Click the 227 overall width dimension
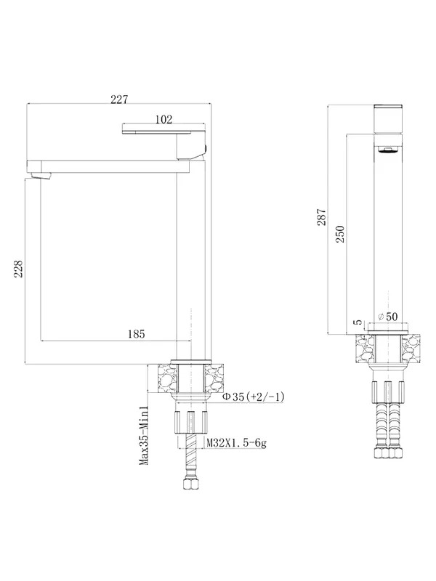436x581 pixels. [119, 99]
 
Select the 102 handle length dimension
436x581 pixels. [163, 119]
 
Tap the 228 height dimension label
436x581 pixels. [19, 269]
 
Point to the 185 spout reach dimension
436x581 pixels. [137, 334]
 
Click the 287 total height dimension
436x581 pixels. [321, 217]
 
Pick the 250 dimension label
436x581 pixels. [340, 234]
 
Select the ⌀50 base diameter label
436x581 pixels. [387, 317]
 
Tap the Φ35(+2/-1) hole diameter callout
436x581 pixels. [253, 397]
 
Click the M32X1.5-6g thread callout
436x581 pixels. [236, 442]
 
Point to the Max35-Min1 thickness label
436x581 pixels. [143, 435]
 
